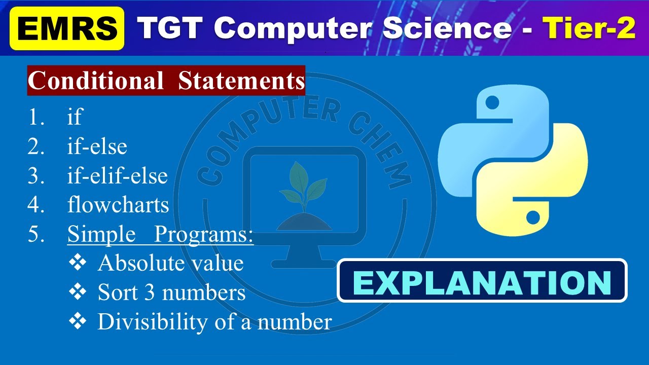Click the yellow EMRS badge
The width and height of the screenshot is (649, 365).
[x=66, y=29]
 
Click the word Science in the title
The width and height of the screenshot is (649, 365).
[x=447, y=28]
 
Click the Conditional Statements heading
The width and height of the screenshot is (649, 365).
[x=166, y=81]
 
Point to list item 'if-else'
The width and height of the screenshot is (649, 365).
[x=97, y=147]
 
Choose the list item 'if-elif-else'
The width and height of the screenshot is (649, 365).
[x=117, y=176]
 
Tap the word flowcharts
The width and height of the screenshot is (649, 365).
[x=118, y=205]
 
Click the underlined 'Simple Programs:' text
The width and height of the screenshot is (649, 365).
[x=160, y=234]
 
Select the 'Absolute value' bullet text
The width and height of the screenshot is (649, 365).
[x=170, y=263]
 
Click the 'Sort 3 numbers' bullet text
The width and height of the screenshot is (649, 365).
[x=171, y=293]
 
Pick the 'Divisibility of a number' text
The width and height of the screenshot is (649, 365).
[x=214, y=322]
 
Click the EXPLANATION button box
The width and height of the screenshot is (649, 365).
[x=482, y=281]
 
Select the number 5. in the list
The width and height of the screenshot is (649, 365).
[x=36, y=235]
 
